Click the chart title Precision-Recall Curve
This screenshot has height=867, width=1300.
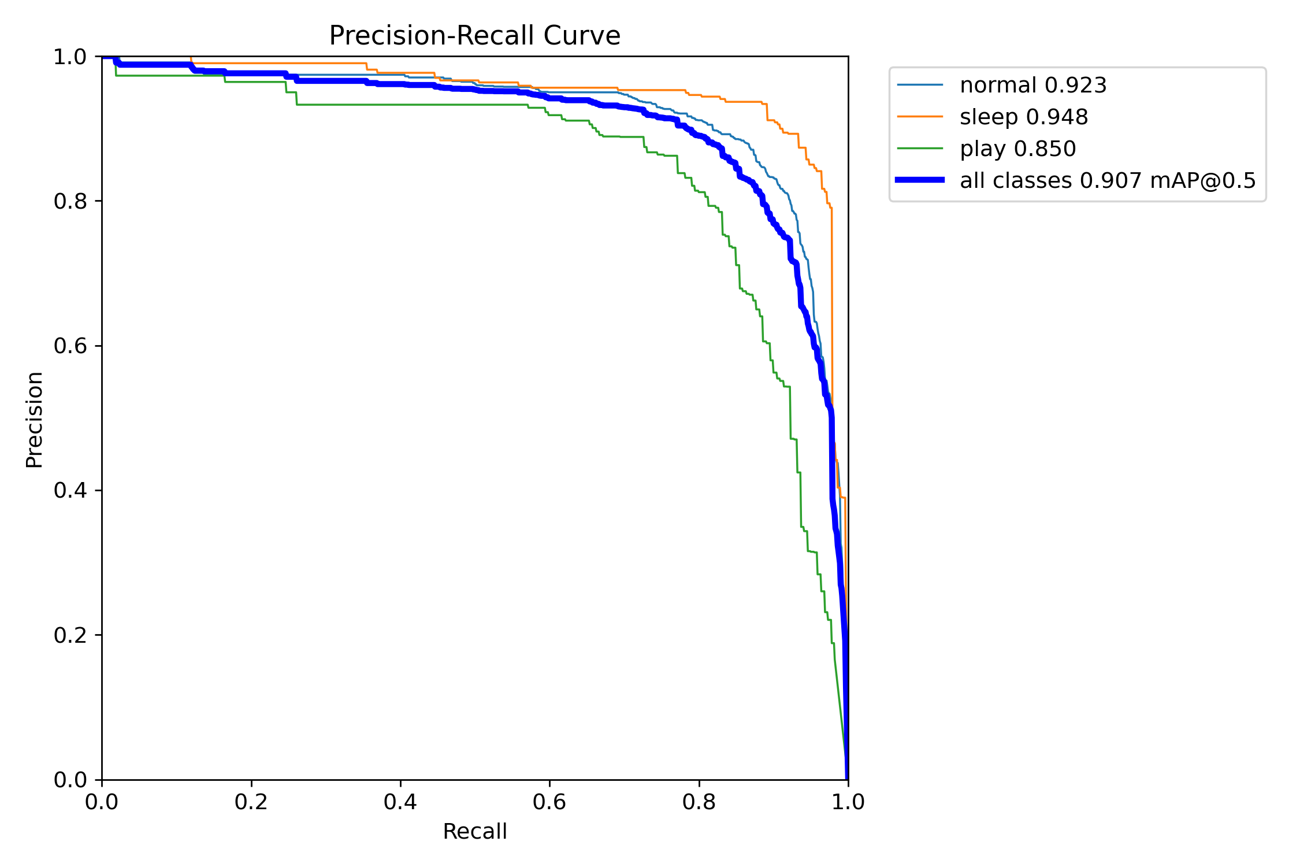click(x=474, y=36)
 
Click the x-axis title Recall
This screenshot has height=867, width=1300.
click(x=474, y=832)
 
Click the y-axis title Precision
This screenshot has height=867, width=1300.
click(x=34, y=420)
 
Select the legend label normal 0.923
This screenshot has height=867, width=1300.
click(x=1033, y=86)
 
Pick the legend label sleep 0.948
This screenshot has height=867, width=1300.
click(x=1024, y=117)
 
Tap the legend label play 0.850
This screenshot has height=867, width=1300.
click(x=1018, y=149)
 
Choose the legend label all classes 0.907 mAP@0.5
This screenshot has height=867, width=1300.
click(x=1108, y=181)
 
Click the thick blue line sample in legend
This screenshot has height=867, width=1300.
click(x=920, y=180)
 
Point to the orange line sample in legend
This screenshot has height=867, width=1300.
click(x=920, y=117)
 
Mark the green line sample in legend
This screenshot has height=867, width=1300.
click(x=920, y=149)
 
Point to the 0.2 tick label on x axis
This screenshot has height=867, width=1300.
click(x=251, y=802)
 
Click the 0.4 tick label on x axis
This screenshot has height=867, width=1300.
click(x=400, y=802)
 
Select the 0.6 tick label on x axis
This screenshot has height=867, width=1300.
click(x=549, y=802)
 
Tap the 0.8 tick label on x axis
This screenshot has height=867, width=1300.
click(x=699, y=802)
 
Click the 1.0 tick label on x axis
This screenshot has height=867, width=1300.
click(x=848, y=802)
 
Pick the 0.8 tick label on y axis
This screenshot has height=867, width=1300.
click(x=70, y=202)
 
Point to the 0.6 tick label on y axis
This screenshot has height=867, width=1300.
click(x=70, y=346)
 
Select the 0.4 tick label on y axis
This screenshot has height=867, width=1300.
click(x=70, y=491)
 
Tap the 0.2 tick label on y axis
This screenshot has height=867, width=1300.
click(x=70, y=635)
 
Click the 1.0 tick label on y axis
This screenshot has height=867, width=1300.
click(x=70, y=57)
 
